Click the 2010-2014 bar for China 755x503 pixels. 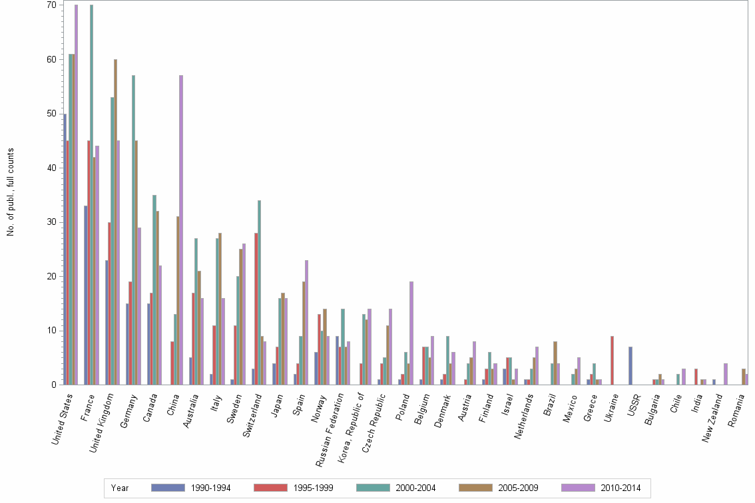pyautogui.click(x=181, y=230)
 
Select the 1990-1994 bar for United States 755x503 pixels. pyautogui.click(x=65, y=249)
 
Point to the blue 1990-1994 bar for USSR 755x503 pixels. pyautogui.click(x=630, y=365)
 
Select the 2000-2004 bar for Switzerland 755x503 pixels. pyautogui.click(x=259, y=292)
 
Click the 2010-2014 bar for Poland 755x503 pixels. pyautogui.click(x=411, y=333)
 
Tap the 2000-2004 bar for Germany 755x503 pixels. pyautogui.click(x=133, y=230)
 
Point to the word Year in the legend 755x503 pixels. pyautogui.click(x=120, y=488)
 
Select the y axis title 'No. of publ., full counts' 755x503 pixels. pyautogui.click(x=11, y=192)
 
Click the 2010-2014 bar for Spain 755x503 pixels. pyautogui.click(x=306, y=322)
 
